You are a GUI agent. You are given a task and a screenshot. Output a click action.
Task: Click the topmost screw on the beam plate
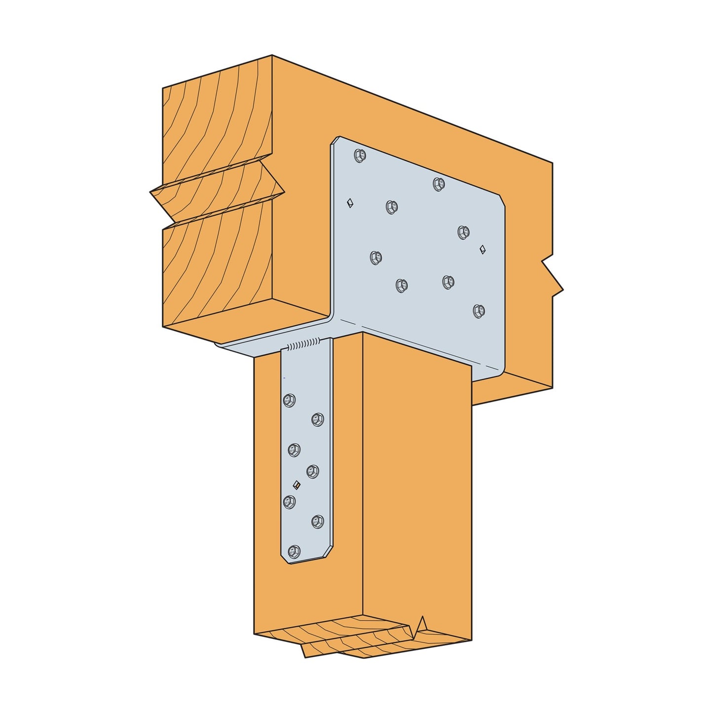point(360,156)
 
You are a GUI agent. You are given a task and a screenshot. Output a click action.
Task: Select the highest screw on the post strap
point(289,400)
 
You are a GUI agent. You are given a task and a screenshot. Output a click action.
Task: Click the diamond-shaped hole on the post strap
point(296,484)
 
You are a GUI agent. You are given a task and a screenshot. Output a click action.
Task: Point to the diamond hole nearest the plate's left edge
point(350,202)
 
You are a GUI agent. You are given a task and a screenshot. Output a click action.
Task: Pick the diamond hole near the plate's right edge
point(483,249)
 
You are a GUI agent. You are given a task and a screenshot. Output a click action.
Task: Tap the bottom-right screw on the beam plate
point(478,311)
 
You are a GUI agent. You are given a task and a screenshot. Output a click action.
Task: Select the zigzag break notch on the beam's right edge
point(553,276)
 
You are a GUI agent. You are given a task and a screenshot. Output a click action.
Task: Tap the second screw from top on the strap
point(317,419)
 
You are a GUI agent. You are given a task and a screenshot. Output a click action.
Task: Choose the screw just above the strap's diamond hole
point(312,471)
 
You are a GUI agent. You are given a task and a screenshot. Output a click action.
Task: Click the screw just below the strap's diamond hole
point(289,502)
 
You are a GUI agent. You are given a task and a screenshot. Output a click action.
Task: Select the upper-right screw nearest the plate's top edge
point(439,184)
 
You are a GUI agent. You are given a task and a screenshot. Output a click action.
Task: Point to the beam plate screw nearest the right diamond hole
point(463,232)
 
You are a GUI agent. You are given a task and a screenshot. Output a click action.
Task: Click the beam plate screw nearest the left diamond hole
point(392,207)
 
